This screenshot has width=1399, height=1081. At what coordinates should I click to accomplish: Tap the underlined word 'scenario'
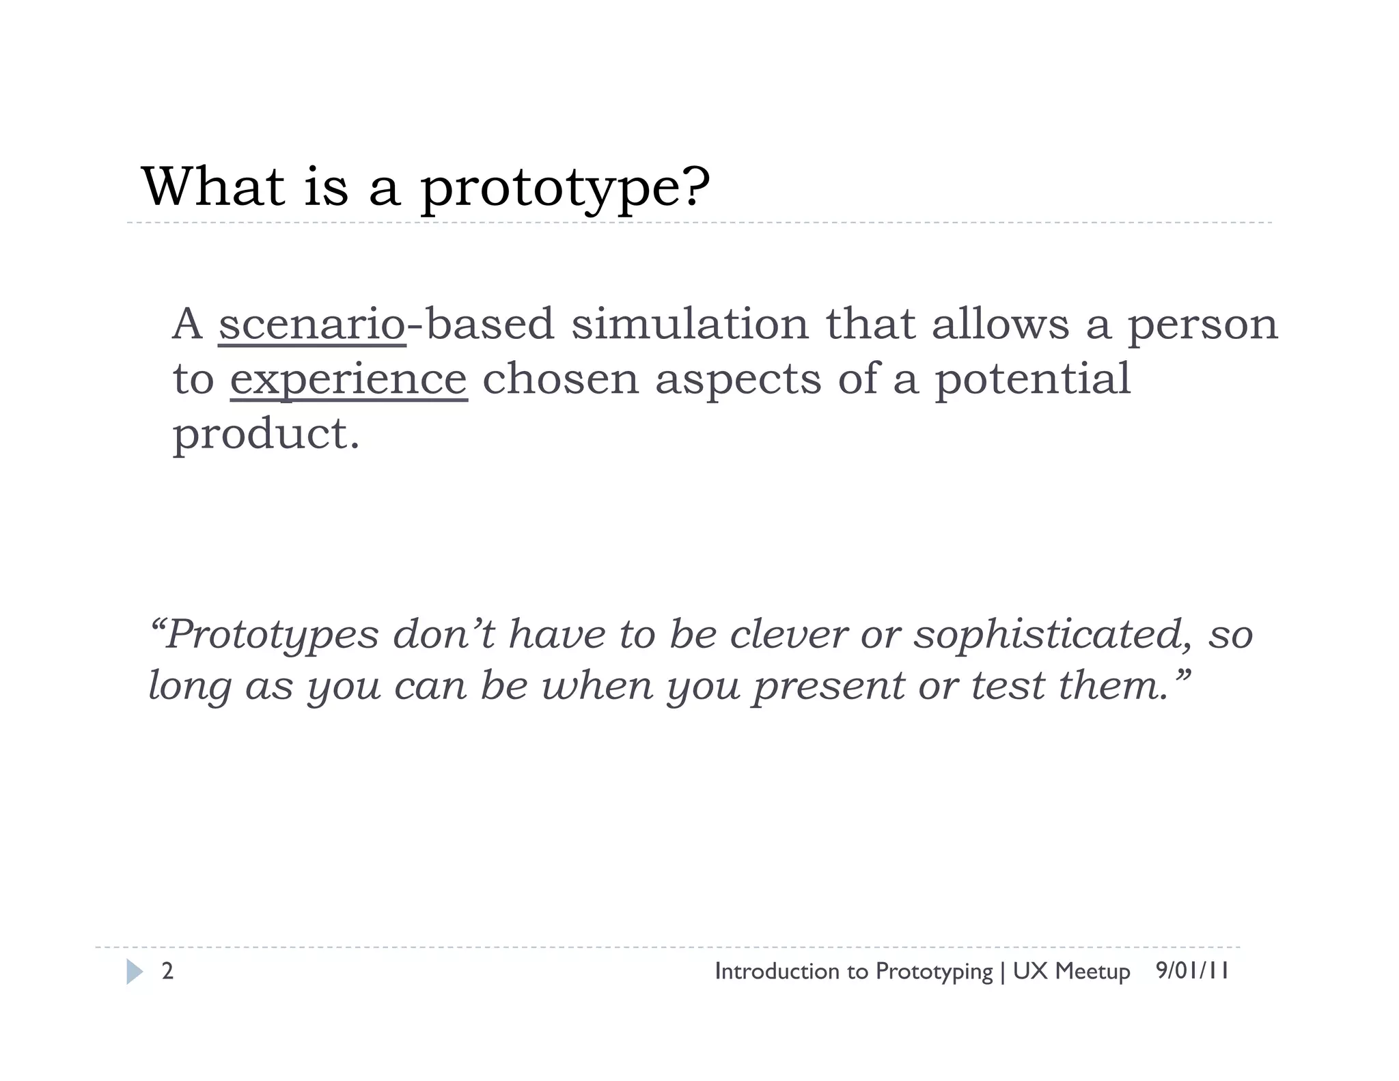pyautogui.click(x=312, y=324)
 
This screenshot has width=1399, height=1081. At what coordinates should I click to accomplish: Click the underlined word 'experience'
pyautogui.click(x=348, y=380)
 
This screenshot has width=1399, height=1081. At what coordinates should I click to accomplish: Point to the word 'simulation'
pyautogui.click(x=690, y=324)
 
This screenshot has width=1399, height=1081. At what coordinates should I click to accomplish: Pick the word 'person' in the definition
pyautogui.click(x=1202, y=325)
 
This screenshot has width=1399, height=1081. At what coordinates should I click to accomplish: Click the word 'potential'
pyautogui.click(x=1032, y=380)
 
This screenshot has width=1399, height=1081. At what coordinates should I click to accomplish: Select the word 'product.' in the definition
pyautogui.click(x=266, y=435)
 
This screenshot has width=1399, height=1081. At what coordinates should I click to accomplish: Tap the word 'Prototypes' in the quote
pyautogui.click(x=272, y=635)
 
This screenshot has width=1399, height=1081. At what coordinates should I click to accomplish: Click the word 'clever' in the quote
pyautogui.click(x=788, y=634)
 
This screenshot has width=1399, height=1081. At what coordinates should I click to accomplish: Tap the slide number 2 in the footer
pyautogui.click(x=167, y=971)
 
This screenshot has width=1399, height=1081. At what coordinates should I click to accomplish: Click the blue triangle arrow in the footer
pyautogui.click(x=135, y=972)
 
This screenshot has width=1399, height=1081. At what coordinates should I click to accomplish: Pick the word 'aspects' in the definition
pyautogui.click(x=738, y=380)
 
